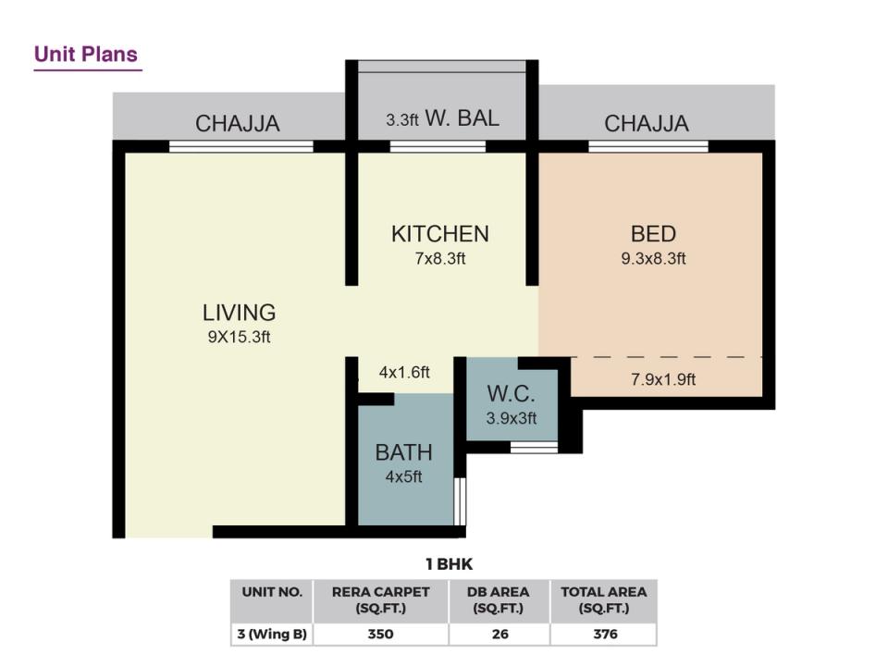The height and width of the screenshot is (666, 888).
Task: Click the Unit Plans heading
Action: click(85, 55)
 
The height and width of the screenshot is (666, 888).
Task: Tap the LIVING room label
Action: click(239, 313)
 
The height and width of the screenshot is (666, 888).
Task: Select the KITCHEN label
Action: click(440, 234)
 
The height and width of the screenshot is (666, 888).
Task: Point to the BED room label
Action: click(653, 234)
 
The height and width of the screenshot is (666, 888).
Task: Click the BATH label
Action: click(404, 452)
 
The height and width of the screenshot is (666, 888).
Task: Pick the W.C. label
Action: click(511, 394)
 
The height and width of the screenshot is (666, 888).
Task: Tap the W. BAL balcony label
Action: click(462, 118)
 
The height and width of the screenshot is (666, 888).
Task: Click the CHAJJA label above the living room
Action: click(238, 123)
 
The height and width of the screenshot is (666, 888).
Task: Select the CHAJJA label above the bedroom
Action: click(647, 123)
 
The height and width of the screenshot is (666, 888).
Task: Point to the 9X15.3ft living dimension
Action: click(239, 337)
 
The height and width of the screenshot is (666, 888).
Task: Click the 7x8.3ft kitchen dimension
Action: click(440, 259)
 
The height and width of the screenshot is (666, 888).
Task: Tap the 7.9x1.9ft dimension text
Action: click(663, 379)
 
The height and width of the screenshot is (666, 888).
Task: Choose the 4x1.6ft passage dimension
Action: click(404, 373)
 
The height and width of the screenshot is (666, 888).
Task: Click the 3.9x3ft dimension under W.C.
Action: click(511, 418)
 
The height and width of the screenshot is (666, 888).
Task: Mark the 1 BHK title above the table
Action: click(450, 564)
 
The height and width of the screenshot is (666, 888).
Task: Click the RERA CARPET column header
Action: click(380, 600)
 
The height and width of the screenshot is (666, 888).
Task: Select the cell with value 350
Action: click(380, 635)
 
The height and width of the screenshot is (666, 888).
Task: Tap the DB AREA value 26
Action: click(500, 635)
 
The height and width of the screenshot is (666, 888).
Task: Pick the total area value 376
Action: click(605, 635)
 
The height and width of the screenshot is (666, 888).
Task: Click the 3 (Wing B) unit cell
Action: click(272, 635)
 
